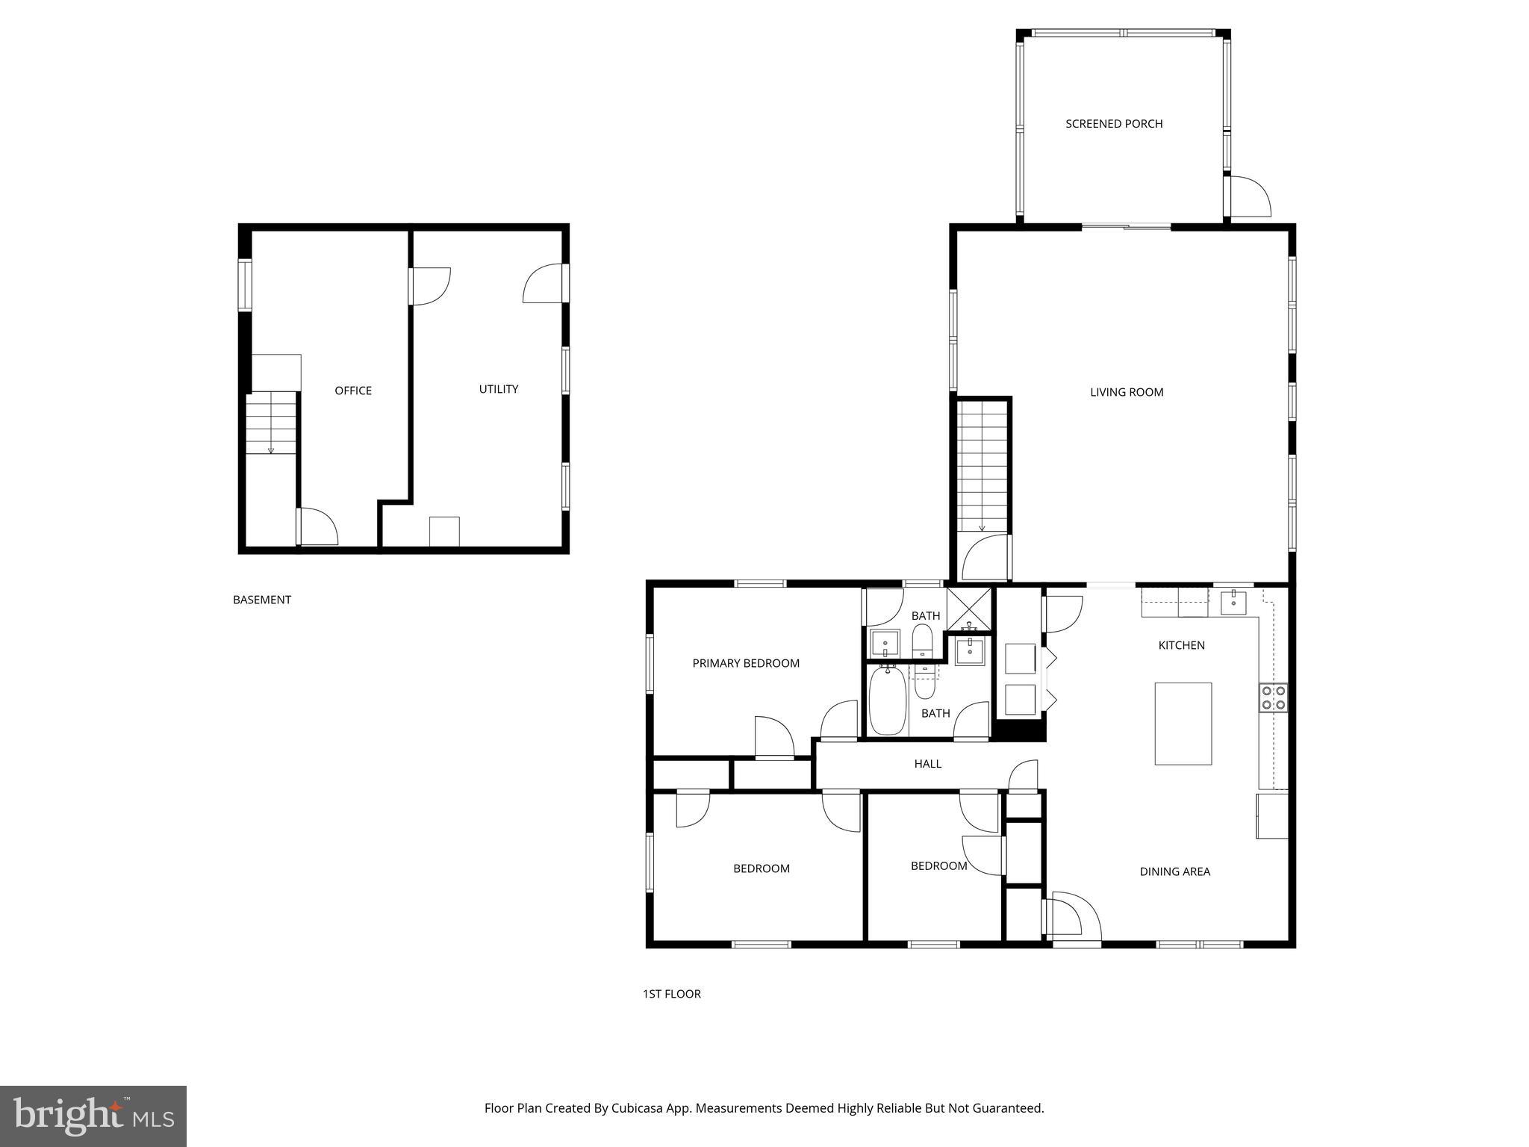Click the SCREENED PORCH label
[1113, 124]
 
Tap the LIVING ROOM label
[1126, 392]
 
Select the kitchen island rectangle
[1183, 723]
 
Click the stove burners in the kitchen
[1273, 697]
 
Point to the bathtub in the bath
[887, 701]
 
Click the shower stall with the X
[969, 609]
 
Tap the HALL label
[927, 763]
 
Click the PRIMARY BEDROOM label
[745, 663]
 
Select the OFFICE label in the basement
[352, 391]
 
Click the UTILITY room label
[498, 389]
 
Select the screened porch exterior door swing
[1249, 197]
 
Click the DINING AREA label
[1174, 871]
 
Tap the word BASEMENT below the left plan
[261, 600]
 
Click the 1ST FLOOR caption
[671, 994]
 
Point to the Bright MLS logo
[93, 1116]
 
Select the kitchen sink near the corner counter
[1233, 602]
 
